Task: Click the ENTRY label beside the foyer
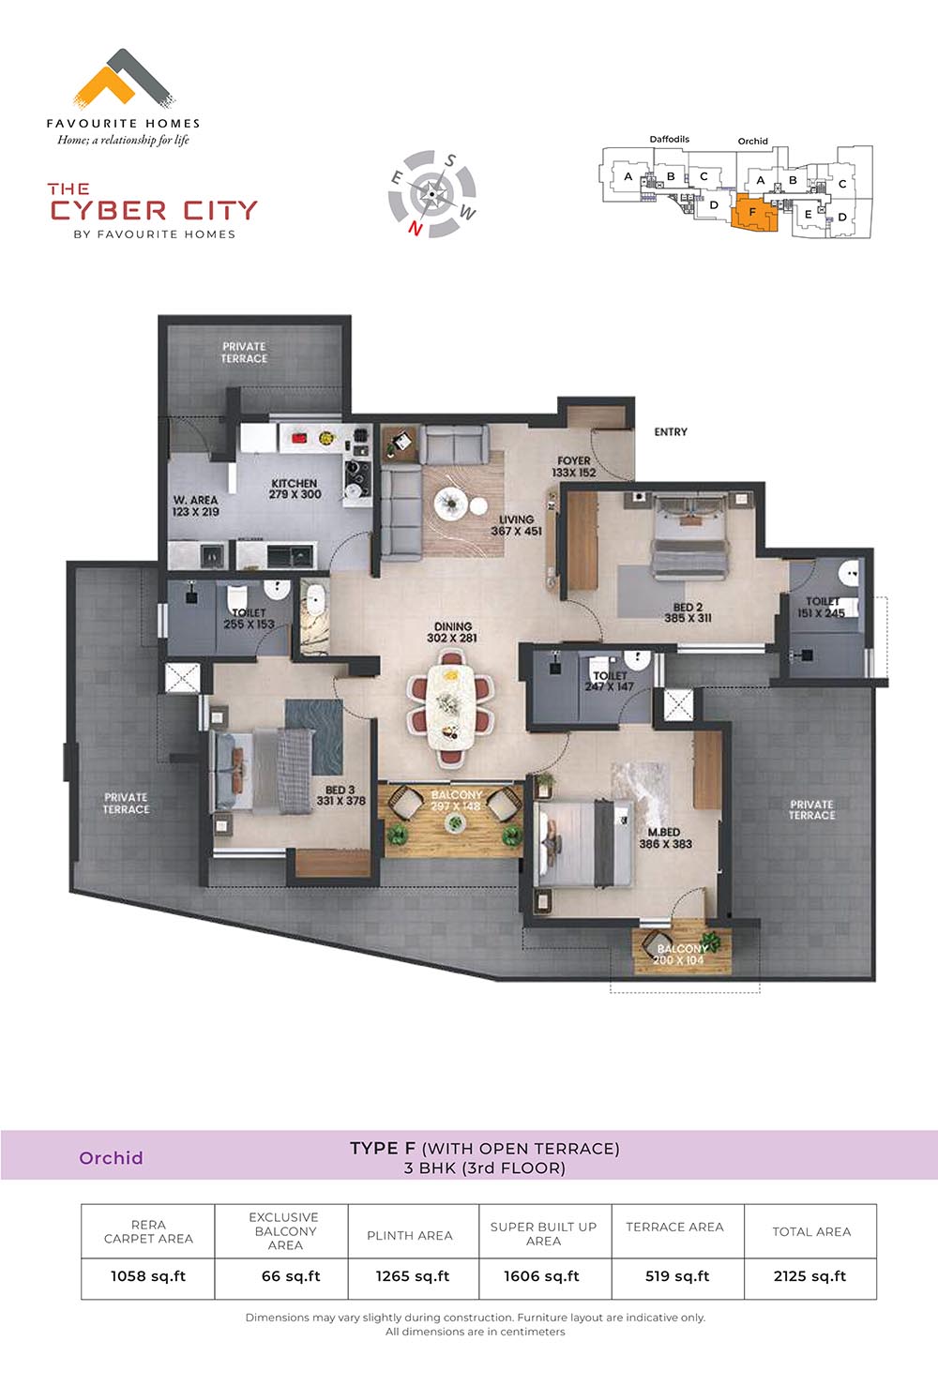tap(671, 432)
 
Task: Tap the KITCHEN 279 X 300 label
tap(295, 489)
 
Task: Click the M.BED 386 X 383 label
tap(666, 837)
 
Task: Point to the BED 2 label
tap(688, 608)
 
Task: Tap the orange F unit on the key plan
tap(753, 212)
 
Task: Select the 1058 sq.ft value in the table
tap(148, 1276)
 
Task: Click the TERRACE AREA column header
tap(674, 1227)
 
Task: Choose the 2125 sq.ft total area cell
tap(809, 1276)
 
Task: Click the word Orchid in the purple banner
tap(112, 1158)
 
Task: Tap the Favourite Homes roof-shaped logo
tap(124, 76)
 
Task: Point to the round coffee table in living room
tap(450, 504)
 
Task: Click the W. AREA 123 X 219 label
tap(195, 505)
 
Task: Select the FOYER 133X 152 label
tap(574, 467)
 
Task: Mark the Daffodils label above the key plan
tap(670, 139)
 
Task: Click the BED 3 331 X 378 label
tap(340, 795)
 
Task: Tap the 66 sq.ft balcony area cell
tap(291, 1276)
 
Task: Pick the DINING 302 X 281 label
tap(452, 632)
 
